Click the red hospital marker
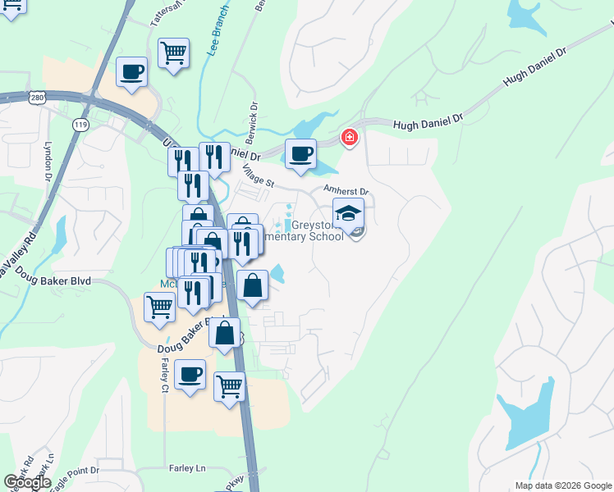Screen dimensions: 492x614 (x=350, y=136)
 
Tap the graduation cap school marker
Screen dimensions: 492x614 (x=349, y=214)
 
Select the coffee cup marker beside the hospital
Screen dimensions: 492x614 (x=300, y=153)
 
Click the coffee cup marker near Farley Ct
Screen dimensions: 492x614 (x=190, y=375)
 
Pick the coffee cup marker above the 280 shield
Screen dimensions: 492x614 (x=132, y=72)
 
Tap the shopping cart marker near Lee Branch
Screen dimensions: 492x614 (x=174, y=55)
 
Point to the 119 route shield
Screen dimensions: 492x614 (x=80, y=125)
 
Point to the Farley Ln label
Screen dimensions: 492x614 (x=187, y=468)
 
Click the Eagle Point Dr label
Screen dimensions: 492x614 (x=75, y=476)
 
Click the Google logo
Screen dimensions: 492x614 (x=28, y=482)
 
